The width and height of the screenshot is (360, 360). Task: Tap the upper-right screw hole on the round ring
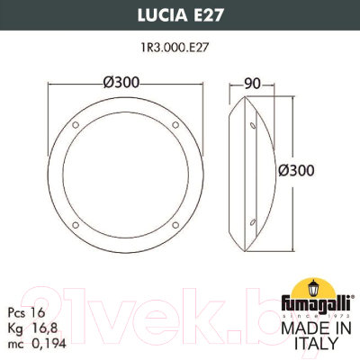coord(163,122)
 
